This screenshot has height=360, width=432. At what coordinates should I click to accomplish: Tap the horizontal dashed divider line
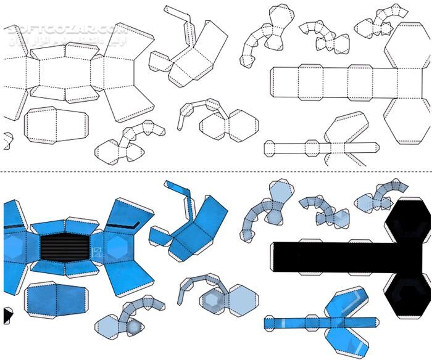click(x=216, y=172)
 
